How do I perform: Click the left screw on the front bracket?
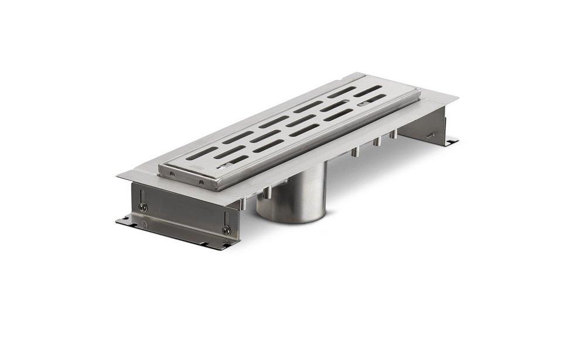[x=142, y=206]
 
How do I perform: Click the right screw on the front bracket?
[x=226, y=230]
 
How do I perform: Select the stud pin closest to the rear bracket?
[x=394, y=134]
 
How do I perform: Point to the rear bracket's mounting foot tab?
[x=451, y=141]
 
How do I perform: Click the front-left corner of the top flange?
[x=117, y=174]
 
